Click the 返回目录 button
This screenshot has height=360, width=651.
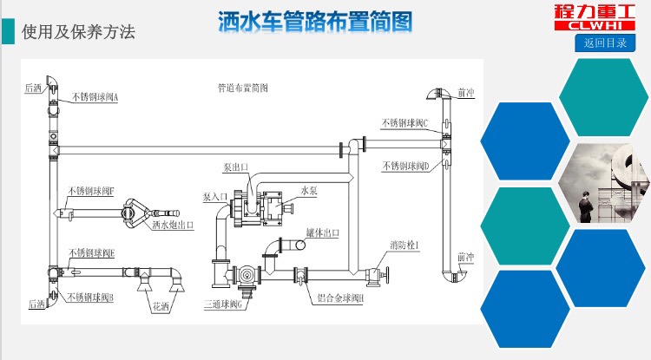[605, 43]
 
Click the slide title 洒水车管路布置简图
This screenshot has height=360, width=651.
[314, 22]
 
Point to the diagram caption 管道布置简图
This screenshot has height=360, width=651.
[242, 87]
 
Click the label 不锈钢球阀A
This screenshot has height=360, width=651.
[95, 97]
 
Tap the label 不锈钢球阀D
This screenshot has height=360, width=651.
[406, 165]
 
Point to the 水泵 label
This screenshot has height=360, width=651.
[310, 188]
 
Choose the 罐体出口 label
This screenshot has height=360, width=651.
[322, 232]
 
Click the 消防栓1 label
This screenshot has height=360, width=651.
[404, 246]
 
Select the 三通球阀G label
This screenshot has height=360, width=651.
[226, 304]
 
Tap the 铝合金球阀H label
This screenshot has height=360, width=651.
[340, 298]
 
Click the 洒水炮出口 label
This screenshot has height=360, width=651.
[173, 224]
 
